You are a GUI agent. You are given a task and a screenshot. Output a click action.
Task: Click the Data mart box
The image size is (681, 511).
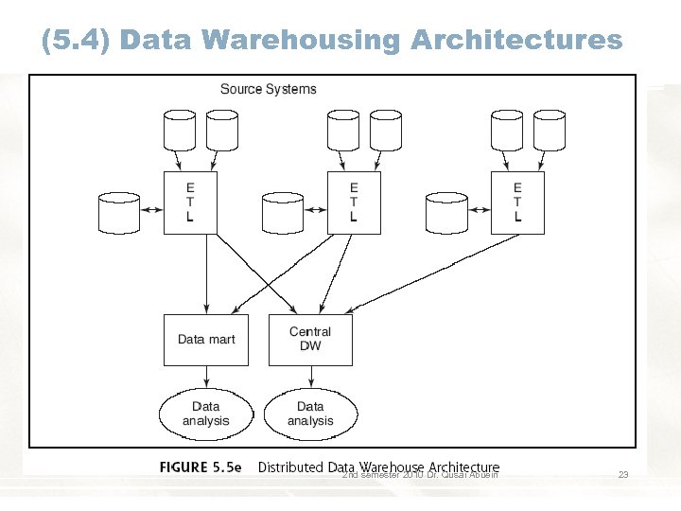click(206, 340)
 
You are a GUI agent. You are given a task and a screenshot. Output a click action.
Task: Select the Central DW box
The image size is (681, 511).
click(310, 340)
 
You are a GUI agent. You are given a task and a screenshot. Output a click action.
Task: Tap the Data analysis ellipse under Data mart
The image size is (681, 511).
click(205, 414)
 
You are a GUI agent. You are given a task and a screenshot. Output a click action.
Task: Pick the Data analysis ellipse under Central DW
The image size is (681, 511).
click(310, 414)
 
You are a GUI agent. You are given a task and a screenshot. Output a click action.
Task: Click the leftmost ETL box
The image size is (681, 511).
click(190, 202)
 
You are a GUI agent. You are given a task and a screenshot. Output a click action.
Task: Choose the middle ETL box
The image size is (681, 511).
click(354, 202)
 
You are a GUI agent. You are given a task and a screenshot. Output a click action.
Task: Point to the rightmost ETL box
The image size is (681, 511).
click(517, 202)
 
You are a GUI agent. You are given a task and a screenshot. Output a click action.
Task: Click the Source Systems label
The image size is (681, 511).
click(269, 89)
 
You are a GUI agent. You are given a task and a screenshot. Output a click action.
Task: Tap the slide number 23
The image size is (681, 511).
click(622, 475)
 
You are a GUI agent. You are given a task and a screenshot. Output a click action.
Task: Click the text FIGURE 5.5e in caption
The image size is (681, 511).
click(201, 467)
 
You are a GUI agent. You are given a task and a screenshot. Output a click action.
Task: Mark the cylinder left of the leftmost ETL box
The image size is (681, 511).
click(119, 213)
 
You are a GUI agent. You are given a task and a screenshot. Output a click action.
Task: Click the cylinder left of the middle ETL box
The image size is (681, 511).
click(283, 213)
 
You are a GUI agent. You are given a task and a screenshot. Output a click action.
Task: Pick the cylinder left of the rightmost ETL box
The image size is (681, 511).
click(446, 213)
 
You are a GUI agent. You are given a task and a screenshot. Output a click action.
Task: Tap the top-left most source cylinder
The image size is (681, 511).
click(180, 130)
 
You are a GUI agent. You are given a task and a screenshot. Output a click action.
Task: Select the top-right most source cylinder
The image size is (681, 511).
click(550, 130)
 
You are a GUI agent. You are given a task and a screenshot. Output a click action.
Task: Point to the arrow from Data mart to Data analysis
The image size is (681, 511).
click(206, 379)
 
